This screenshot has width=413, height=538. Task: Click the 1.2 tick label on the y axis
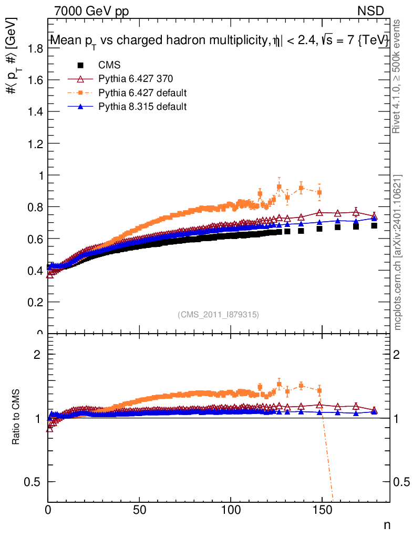[35, 143]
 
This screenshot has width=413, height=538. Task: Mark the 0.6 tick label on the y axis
[35, 239]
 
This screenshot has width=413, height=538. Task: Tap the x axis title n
[387, 525]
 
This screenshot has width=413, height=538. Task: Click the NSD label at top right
[371, 11]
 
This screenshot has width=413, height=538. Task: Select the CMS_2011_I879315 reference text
[218, 314]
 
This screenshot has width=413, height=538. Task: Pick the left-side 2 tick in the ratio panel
[37, 355]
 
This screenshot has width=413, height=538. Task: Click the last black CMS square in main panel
[374, 225]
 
